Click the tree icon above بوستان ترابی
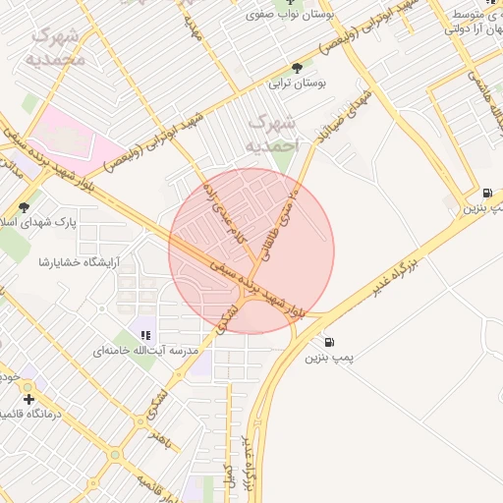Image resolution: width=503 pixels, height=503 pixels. click(x=297, y=68)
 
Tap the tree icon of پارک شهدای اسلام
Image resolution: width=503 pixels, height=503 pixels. click(x=23, y=206)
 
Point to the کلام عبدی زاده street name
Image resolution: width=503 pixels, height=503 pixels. click(x=221, y=210)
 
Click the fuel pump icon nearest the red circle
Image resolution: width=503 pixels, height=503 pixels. click(x=328, y=343)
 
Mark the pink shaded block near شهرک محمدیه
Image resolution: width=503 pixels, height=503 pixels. click(x=69, y=133)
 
